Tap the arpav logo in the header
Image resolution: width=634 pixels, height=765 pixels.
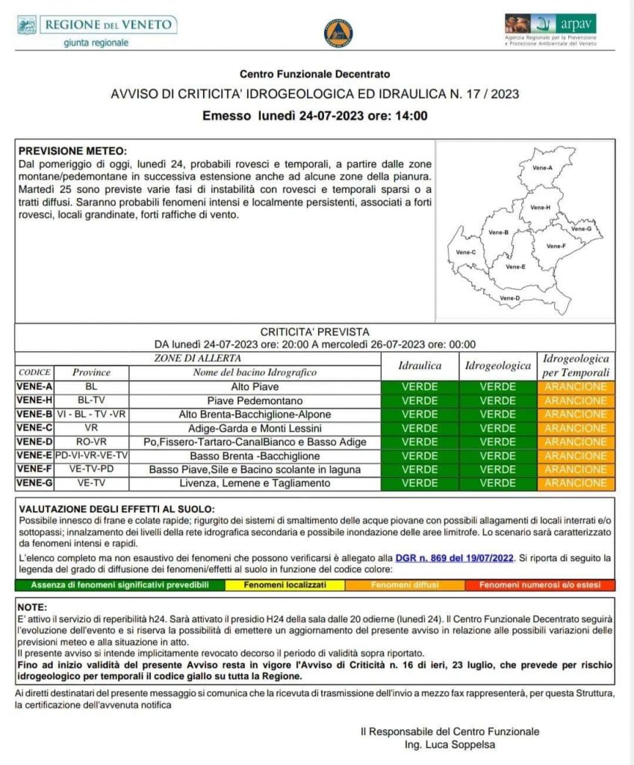[550, 29]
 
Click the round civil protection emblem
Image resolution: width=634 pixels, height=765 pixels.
[338, 34]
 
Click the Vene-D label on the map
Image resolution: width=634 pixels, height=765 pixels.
[509, 298]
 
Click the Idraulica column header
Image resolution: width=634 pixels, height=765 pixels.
[420, 366]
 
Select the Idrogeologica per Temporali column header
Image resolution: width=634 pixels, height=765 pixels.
[575, 365]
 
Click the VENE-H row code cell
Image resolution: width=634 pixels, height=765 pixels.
[34, 400]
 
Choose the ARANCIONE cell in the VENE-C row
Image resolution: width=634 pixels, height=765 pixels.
[575, 428]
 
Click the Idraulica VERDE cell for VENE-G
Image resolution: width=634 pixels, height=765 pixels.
[420, 483]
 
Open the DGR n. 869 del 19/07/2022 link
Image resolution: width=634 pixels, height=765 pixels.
[464, 558]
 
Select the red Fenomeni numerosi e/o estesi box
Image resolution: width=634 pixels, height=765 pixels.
[541, 585]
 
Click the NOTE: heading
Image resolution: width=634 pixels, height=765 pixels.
[33, 607]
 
